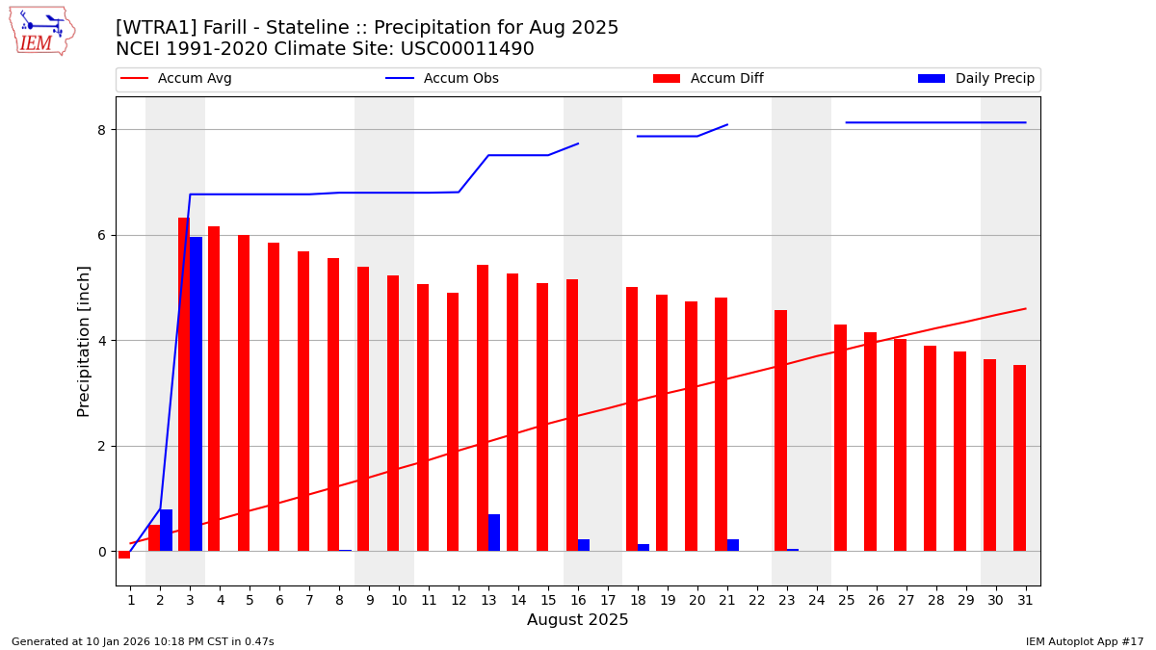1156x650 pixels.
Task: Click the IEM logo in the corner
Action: point(41,31)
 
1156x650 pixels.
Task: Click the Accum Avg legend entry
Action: point(194,79)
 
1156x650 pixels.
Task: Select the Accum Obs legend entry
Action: point(460,79)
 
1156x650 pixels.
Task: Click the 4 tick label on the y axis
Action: point(101,341)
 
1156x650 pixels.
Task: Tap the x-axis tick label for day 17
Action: point(608,600)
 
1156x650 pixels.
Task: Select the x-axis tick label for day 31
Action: point(1025,600)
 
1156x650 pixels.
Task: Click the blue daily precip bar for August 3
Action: point(197,394)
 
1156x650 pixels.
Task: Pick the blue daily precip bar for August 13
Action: point(494,533)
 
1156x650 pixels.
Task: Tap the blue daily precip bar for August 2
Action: point(167,531)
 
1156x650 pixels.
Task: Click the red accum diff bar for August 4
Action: point(214,389)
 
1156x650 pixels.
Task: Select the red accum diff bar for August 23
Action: point(780,430)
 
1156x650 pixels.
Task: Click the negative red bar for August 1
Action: point(124,555)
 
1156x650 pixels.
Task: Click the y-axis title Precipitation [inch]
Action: point(84,341)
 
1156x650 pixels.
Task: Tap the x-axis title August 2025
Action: point(577,620)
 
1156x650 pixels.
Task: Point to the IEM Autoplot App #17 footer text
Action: point(1084,641)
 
